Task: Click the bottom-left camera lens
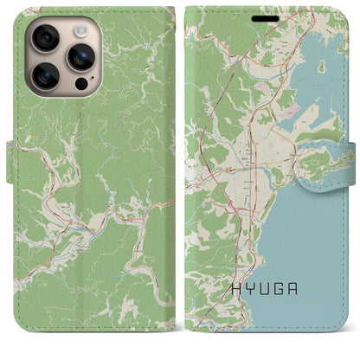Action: click(x=46, y=77)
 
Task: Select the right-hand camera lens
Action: click(x=80, y=57)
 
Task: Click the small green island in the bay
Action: click(x=321, y=66)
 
